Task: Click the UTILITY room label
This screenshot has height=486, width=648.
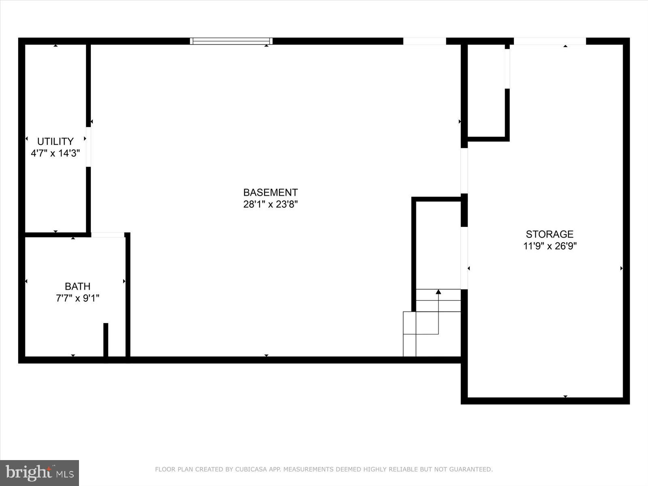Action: (55, 141)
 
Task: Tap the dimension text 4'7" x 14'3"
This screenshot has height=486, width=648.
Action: (55, 153)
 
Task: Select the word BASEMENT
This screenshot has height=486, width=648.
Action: (270, 192)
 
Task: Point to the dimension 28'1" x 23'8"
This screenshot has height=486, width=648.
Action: (270, 204)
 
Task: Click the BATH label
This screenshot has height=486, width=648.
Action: (77, 286)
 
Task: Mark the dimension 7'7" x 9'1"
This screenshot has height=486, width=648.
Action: (77, 298)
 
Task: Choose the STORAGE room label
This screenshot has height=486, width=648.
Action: (550, 234)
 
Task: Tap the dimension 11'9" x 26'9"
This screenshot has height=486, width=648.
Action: (550, 246)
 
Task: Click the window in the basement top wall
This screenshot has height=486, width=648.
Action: (231, 41)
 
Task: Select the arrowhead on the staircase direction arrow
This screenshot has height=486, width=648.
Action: (438, 292)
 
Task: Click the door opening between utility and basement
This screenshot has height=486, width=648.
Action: (88, 147)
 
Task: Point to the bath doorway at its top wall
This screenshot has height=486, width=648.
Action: (107, 235)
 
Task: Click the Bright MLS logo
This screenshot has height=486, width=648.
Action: (39, 473)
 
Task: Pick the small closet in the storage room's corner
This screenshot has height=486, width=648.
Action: (486, 91)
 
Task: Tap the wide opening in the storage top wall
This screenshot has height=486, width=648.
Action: (550, 41)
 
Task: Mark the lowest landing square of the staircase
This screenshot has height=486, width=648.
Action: (409, 345)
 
